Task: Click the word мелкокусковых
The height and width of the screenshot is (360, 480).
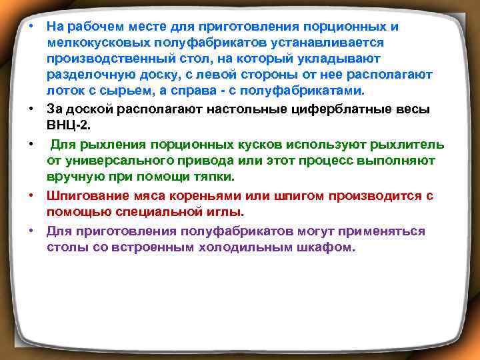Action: [88, 42]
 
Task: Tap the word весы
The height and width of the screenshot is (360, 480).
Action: [413, 108]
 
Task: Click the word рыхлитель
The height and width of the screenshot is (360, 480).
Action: [411, 144]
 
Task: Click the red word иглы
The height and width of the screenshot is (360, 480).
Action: [228, 212]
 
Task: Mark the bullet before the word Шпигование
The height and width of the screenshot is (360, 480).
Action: [31, 195]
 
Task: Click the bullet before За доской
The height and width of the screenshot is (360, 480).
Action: [31, 108]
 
